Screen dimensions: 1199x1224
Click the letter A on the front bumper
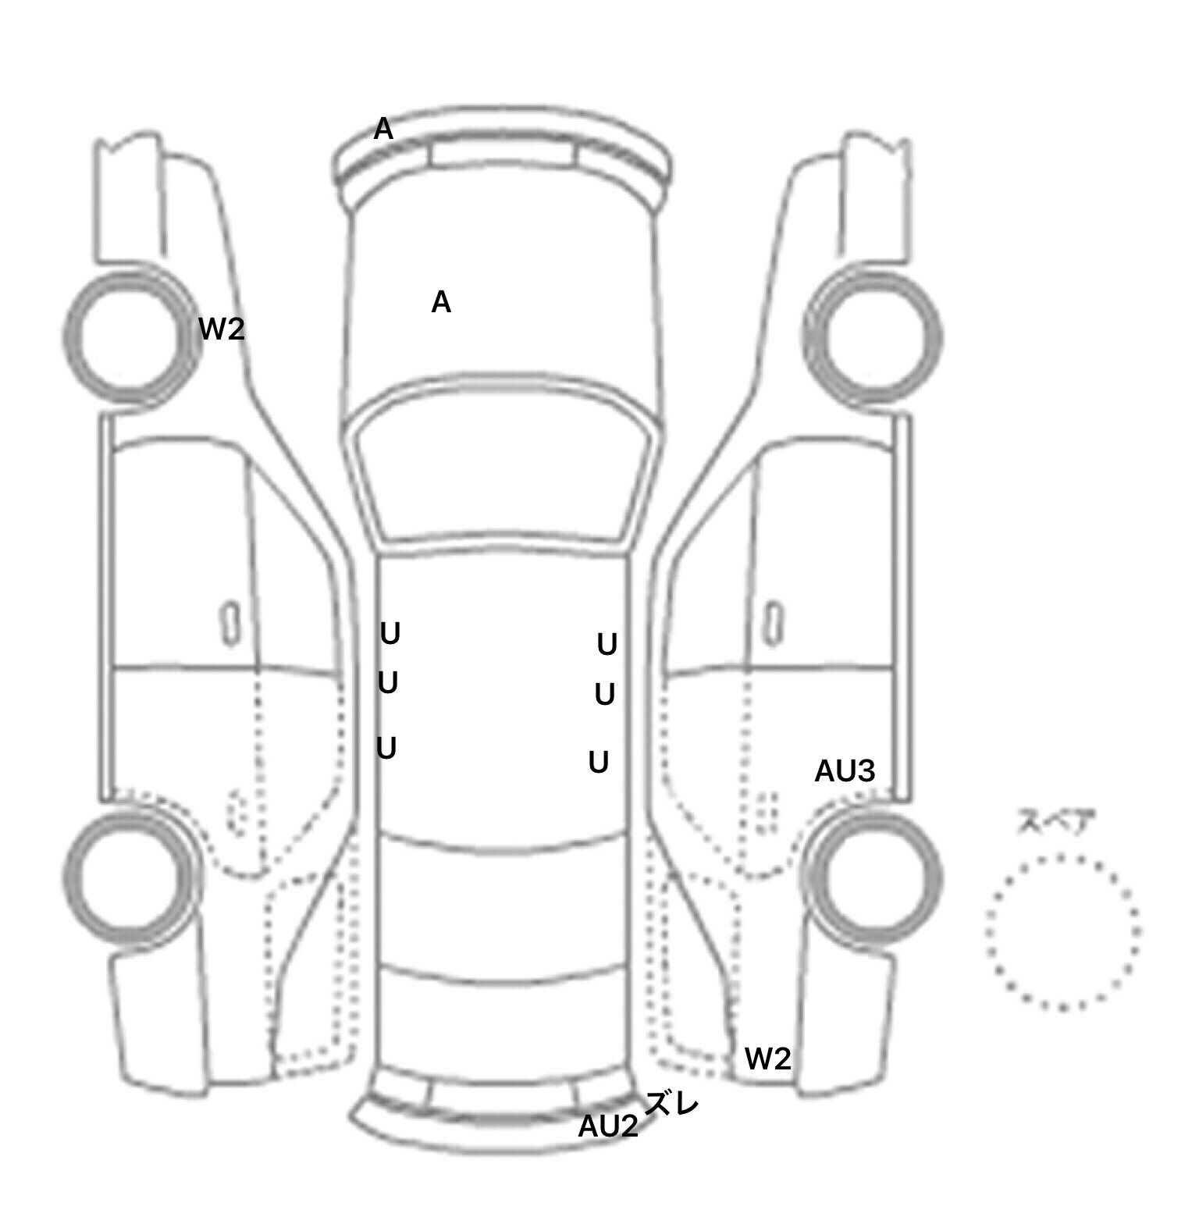point(383,129)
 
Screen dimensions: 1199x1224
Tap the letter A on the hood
point(441,301)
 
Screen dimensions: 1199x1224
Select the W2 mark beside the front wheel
point(222,329)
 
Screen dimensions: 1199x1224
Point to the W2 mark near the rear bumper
point(768,1059)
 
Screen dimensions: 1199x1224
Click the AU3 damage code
point(845,771)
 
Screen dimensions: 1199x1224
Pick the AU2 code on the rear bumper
point(608,1126)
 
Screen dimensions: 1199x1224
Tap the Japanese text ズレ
point(671,1104)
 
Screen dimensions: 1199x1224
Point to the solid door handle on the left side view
point(230,624)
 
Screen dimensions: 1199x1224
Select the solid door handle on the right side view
point(774,624)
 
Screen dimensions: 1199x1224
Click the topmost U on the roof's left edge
point(390,634)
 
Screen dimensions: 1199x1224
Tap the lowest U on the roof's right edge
point(599,762)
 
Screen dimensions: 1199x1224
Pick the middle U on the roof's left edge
point(388,683)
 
